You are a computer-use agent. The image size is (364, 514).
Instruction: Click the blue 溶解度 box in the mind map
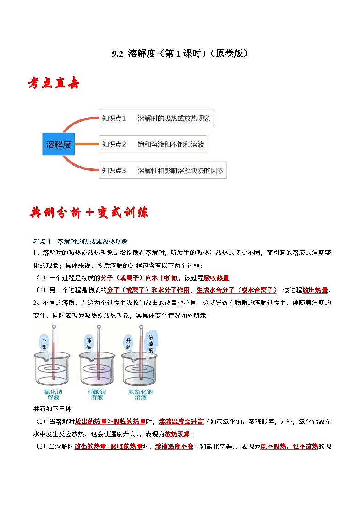pyautogui.click(x=59, y=144)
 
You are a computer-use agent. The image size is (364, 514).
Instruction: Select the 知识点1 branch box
pyautogui.click(x=156, y=118)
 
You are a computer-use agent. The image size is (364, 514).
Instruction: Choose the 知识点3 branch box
pyautogui.click(x=163, y=170)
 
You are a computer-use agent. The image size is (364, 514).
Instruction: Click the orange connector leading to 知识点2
pyautogui.click(x=87, y=144)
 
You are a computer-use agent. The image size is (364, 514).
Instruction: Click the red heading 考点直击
pyautogui.click(x=54, y=84)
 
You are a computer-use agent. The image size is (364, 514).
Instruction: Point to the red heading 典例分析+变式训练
pyautogui.click(x=89, y=213)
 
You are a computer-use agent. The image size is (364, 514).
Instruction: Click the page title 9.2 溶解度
pyautogui.click(x=182, y=54)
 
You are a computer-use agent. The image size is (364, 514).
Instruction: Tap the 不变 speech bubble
pyautogui.click(x=44, y=343)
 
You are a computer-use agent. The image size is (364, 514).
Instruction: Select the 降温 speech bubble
pyautogui.click(x=89, y=343)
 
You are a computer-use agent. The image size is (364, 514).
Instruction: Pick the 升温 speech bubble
pyautogui.click(x=128, y=343)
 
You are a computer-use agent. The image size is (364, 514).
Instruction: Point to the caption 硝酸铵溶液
pyautogui.click(x=97, y=395)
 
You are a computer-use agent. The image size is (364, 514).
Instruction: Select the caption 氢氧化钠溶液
pyautogui.click(x=141, y=395)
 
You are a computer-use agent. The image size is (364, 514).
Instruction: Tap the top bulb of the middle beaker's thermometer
pyautogui.click(x=99, y=326)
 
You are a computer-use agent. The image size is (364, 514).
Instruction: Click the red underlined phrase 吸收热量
pyautogui.click(x=216, y=278)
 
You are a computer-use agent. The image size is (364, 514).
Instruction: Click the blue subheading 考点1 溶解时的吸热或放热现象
pyautogui.click(x=81, y=242)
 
